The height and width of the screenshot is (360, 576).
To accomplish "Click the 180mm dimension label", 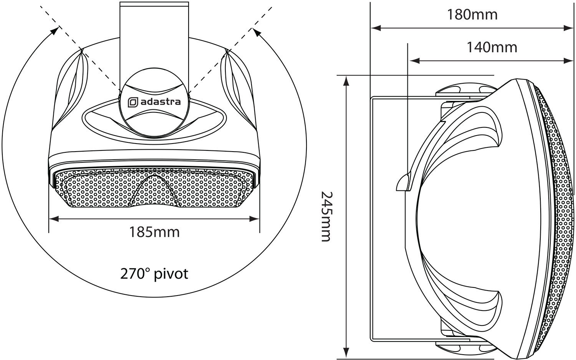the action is pyautogui.click(x=472, y=15).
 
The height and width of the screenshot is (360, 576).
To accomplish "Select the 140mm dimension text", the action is pyautogui.click(x=492, y=48).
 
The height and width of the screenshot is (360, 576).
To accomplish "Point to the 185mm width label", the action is pyautogui.click(x=154, y=232).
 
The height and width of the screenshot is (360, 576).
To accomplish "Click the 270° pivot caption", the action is pyautogui.click(x=154, y=274).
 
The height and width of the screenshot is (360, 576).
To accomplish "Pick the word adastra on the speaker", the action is pyautogui.click(x=161, y=102).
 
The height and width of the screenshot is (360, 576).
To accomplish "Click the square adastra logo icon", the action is pyautogui.click(x=133, y=102).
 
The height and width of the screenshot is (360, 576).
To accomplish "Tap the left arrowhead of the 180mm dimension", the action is pyautogui.click(x=376, y=28).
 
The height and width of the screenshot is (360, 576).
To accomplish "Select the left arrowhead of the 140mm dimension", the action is pyautogui.click(x=414, y=61).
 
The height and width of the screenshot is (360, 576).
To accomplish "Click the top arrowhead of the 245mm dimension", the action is pyautogui.click(x=347, y=81).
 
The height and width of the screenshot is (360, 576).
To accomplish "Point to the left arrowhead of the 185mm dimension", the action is pyautogui.click(x=54, y=219).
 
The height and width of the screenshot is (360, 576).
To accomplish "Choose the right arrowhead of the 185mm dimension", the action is pyautogui.click(x=255, y=219).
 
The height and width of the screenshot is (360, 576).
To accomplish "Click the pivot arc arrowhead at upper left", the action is pyautogui.click(x=54, y=30).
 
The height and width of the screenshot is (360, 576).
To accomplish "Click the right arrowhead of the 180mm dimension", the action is pyautogui.click(x=569, y=28).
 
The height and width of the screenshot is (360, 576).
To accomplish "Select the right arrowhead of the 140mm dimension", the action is pyautogui.click(x=569, y=61).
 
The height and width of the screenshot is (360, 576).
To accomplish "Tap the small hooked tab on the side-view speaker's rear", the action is pyautogui.click(x=403, y=182).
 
